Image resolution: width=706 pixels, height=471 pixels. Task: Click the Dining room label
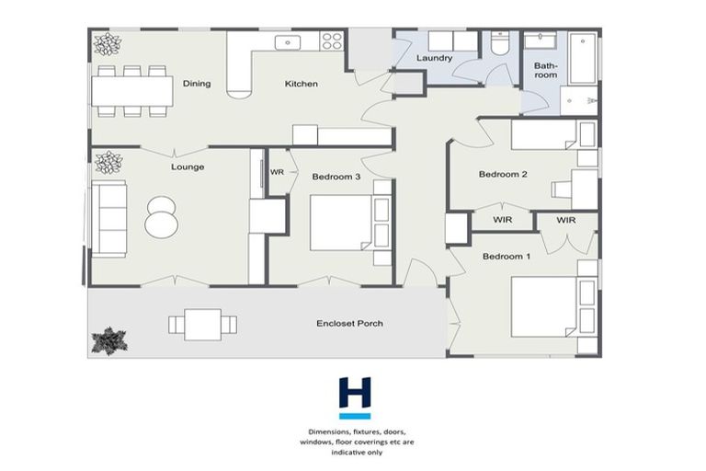pos(197,84)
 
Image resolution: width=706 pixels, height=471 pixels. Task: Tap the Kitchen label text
pos(302,84)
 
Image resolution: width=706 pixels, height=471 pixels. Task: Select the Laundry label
pos(434,59)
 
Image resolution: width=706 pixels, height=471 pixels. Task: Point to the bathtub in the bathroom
pos(583,59)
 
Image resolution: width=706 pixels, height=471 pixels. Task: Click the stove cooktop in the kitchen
pos(331,40)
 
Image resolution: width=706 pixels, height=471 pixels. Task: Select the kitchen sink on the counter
pos(286,40)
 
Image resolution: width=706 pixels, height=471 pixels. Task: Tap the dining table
pos(131,90)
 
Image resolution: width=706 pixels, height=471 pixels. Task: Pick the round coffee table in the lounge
pos(161,218)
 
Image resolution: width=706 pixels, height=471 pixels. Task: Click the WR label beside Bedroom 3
pos(277,172)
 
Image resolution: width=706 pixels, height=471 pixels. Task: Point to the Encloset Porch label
pos(350,323)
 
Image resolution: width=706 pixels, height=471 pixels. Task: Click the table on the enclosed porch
pos(202,324)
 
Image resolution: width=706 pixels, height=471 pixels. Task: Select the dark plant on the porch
pos(108,340)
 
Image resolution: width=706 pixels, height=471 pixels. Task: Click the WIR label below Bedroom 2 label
pos(502,220)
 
